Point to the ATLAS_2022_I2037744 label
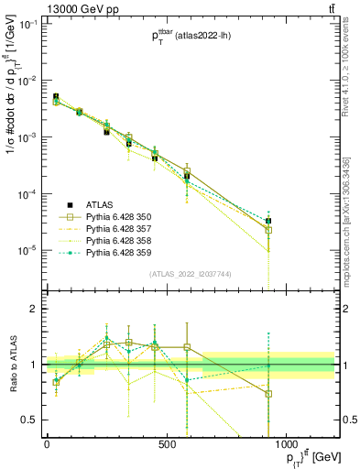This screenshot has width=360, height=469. click(190, 274)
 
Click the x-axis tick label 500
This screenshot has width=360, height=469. click(167, 443)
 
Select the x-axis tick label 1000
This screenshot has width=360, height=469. click(286, 443)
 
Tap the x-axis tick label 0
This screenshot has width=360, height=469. click(47, 443)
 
